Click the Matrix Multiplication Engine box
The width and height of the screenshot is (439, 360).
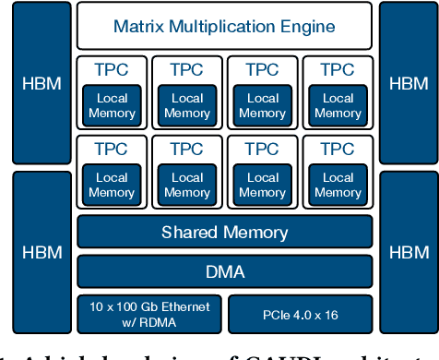click(x=224, y=26)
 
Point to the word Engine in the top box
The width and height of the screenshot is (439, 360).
click(x=309, y=26)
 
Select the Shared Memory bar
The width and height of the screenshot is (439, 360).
click(x=224, y=233)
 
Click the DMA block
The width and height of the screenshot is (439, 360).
click(x=224, y=271)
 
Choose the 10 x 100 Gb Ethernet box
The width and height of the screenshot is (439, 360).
click(x=149, y=314)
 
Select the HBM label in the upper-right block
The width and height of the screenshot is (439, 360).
click(x=408, y=83)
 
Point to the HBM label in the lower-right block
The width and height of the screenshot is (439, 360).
click(x=408, y=252)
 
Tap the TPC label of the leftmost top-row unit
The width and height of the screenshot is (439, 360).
click(x=112, y=69)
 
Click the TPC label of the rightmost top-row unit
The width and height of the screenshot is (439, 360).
click(x=338, y=69)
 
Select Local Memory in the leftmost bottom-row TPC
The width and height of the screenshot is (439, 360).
click(x=112, y=185)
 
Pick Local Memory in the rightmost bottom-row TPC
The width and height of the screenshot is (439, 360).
click(x=338, y=185)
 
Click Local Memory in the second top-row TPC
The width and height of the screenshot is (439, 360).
click(x=187, y=106)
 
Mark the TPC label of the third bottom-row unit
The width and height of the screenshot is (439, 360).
click(x=262, y=149)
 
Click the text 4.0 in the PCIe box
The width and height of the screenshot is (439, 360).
click(x=300, y=315)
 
